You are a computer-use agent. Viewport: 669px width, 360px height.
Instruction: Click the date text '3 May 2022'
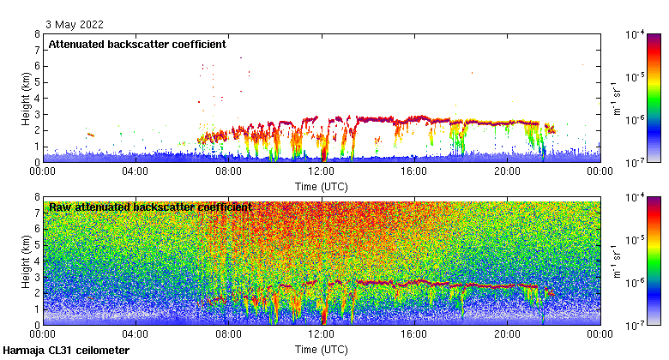pos(71,24)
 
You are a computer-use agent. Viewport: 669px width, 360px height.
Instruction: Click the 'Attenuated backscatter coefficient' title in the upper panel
pos(137,44)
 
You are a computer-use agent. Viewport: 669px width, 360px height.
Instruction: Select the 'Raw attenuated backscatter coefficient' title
pos(150,207)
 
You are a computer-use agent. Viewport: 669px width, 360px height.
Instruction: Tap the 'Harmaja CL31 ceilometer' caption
pos(66,351)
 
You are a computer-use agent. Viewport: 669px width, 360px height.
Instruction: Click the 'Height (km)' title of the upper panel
pos(26,98)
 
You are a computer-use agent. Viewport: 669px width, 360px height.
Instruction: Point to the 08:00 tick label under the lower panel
pos(228,334)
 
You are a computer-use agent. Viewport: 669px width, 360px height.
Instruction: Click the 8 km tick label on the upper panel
pos(37,34)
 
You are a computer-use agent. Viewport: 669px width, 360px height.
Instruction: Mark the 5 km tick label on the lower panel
pos(37,245)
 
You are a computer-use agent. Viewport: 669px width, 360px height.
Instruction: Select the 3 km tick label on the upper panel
pos(37,114)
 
